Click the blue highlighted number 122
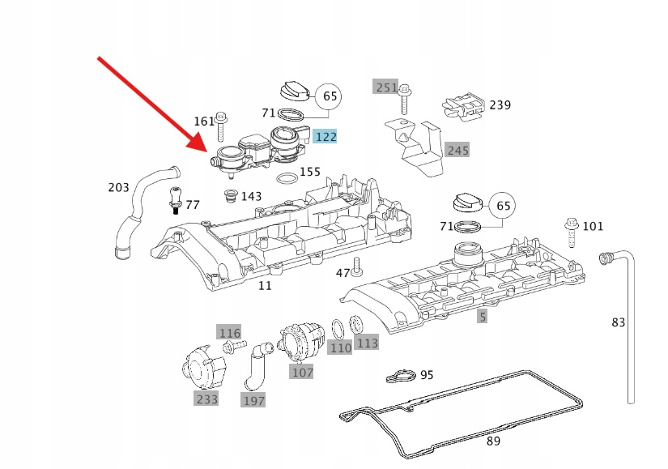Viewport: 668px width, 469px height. pyautogui.click(x=325, y=137)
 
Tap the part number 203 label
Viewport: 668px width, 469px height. pyautogui.click(x=118, y=188)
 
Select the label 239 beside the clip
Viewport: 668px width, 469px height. pyautogui.click(x=500, y=104)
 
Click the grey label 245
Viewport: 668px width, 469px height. pyautogui.click(x=457, y=150)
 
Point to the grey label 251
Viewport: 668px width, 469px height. pyautogui.click(x=385, y=87)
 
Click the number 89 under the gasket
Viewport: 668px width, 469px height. pyautogui.click(x=493, y=441)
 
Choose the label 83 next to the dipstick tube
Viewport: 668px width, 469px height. pyautogui.click(x=619, y=322)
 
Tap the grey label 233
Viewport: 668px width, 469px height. pyautogui.click(x=206, y=399)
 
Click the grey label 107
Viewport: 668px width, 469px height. pyautogui.click(x=302, y=373)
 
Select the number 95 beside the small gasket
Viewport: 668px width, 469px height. pyautogui.click(x=427, y=375)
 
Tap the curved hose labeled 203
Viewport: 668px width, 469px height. pyautogui.click(x=134, y=211)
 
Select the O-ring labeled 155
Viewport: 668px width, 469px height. pyautogui.click(x=285, y=178)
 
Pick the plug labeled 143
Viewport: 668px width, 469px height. pyautogui.click(x=230, y=197)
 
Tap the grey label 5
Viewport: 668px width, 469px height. pyautogui.click(x=483, y=317)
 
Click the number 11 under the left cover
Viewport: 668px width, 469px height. pyautogui.click(x=265, y=285)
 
